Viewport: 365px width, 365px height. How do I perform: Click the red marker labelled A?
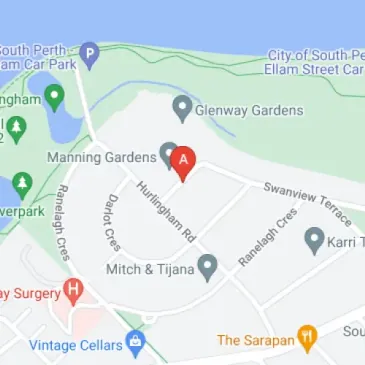[x=182, y=161]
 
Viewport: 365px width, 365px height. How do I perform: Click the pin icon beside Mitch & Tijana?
[x=208, y=267]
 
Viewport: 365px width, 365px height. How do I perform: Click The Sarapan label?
[x=256, y=341]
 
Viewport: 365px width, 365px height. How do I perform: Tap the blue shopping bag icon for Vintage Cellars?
[x=135, y=343]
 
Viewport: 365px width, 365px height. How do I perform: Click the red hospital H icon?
[x=72, y=291]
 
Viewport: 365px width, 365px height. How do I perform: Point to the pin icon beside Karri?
[x=315, y=239]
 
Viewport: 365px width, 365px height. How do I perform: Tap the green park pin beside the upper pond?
[x=54, y=96]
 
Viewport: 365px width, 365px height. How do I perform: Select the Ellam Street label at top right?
[x=316, y=69]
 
